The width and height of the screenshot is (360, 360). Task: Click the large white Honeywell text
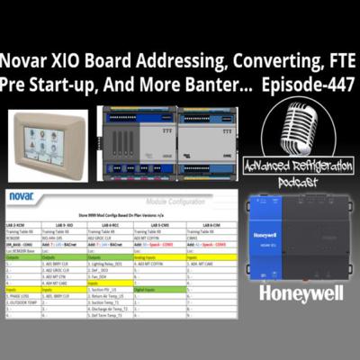click(305, 292)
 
